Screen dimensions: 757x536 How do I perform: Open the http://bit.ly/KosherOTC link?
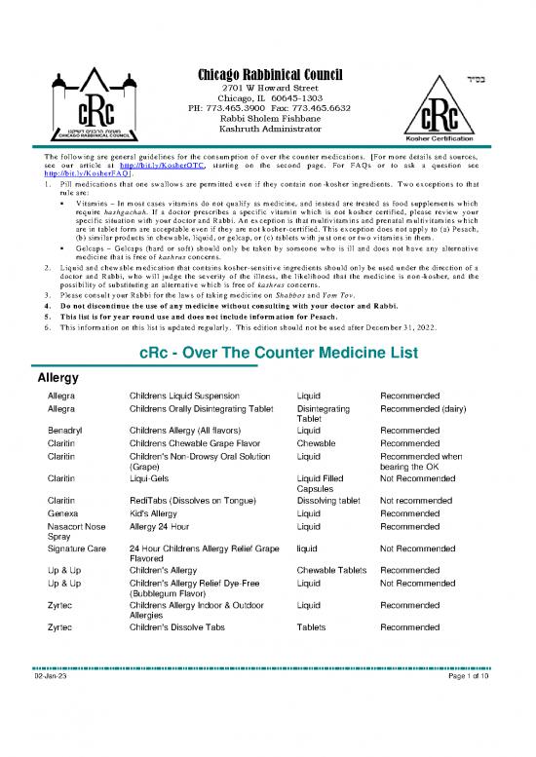coord(188,165)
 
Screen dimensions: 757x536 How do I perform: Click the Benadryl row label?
coord(66,429)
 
